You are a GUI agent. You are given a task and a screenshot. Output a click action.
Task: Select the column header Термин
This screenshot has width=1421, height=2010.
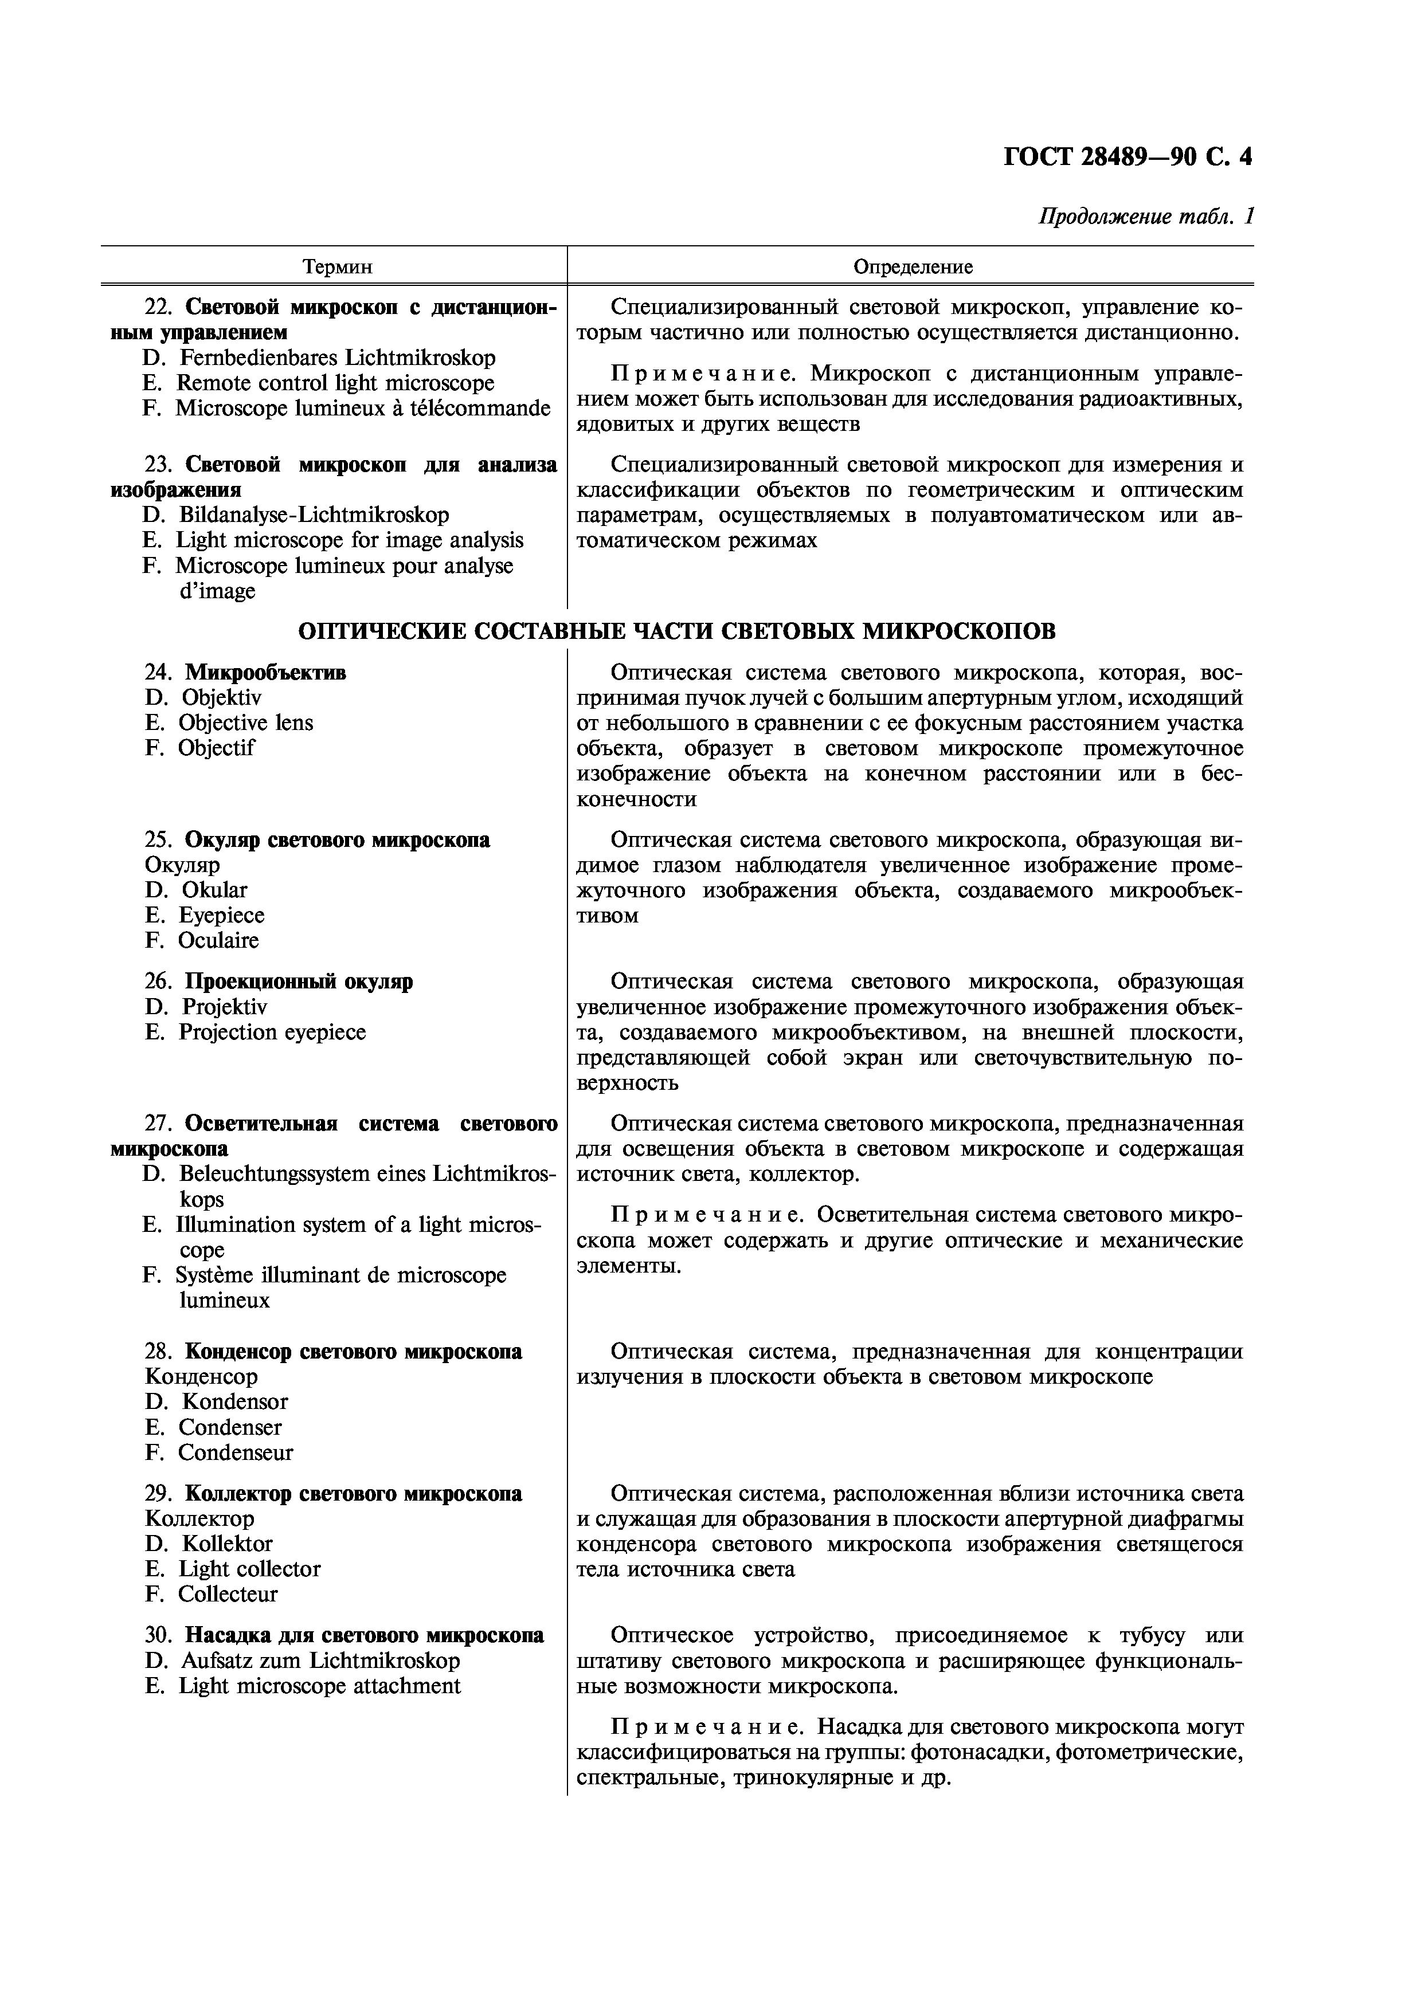point(337,267)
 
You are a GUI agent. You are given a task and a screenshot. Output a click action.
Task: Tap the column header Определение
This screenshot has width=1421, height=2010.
point(913,267)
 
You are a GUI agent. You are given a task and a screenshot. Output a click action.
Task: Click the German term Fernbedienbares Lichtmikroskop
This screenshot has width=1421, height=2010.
point(337,358)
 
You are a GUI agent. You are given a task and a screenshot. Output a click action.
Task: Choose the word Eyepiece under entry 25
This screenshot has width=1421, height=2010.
point(221,916)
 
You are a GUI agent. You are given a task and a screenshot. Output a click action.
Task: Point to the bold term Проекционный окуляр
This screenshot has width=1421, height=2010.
point(299,982)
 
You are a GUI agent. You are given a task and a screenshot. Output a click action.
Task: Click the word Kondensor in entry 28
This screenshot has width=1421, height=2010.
point(234,1403)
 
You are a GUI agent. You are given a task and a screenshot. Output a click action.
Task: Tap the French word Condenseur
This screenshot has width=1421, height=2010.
point(236,1453)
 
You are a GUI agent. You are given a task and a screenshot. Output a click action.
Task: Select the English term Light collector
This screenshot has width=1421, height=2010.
point(249,1569)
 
